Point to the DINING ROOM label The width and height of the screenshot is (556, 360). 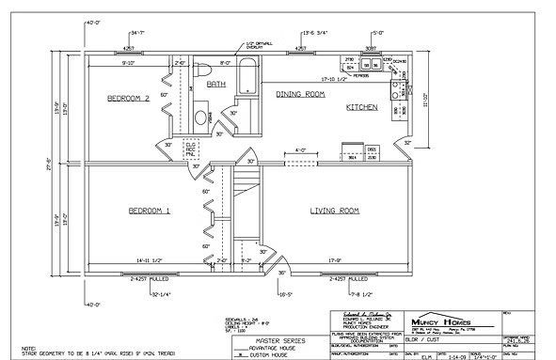pyautogui.click(x=300, y=95)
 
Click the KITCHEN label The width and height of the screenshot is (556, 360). pyautogui.click(x=361, y=108)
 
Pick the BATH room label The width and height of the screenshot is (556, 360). pyautogui.click(x=216, y=84)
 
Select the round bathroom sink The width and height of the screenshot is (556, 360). pyautogui.click(x=200, y=117)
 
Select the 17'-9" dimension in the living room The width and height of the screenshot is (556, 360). pyautogui.click(x=336, y=259)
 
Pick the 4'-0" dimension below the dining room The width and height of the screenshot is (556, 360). pyautogui.click(x=300, y=149)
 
